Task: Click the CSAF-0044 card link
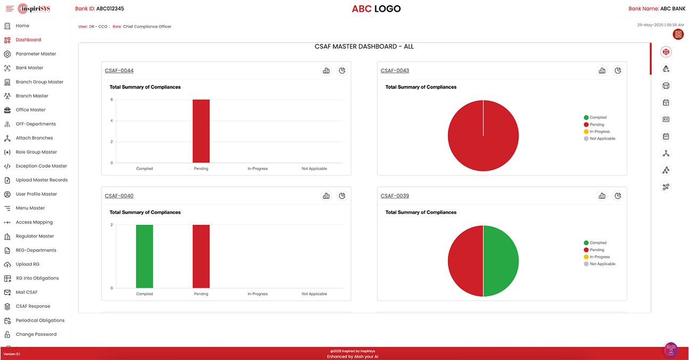[119, 71]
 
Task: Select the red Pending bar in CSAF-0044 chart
[201, 131]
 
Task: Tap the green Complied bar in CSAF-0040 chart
[144, 256]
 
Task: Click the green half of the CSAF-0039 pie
[501, 261]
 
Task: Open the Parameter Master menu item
[36, 54]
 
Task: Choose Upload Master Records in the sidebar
[42, 180]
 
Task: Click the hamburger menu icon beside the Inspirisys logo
[10, 9]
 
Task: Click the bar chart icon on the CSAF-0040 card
[326, 196]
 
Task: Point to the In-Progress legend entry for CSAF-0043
[600, 132]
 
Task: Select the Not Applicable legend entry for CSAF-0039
[602, 264]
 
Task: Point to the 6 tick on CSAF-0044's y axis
[112, 100]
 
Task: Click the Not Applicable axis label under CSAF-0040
[314, 294]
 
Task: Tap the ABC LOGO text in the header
[376, 9]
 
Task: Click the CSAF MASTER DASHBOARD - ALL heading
[364, 47]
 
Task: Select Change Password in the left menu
[36, 334]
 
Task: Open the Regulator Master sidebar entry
[35, 236]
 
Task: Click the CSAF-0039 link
[395, 196]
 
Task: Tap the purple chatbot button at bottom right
[671, 349]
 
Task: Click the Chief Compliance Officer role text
[147, 27]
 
